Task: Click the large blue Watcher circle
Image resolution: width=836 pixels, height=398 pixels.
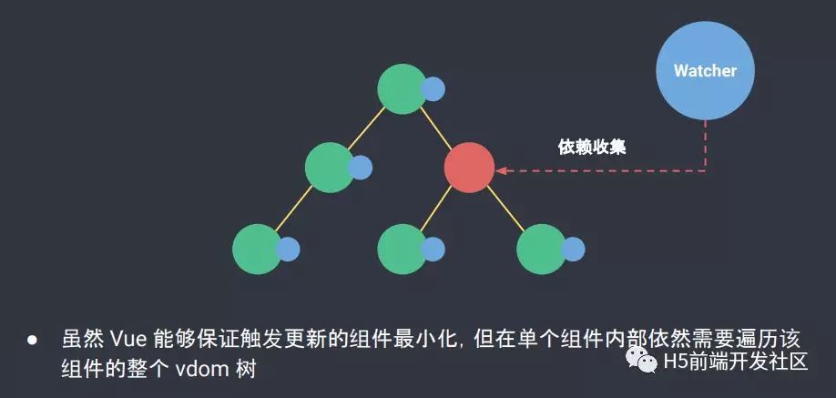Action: pyautogui.click(x=705, y=70)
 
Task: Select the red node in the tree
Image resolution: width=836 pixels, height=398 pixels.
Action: pyautogui.click(x=469, y=168)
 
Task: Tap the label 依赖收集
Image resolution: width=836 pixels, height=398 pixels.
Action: pyautogui.click(x=592, y=146)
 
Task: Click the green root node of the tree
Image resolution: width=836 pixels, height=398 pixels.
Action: pyautogui.click(x=402, y=88)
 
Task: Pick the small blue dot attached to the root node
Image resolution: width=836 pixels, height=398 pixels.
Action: pyautogui.click(x=433, y=89)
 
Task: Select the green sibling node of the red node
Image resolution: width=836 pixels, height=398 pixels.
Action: pyautogui.click(x=329, y=168)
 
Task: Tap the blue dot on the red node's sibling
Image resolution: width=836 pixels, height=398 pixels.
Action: pyautogui.click(x=361, y=168)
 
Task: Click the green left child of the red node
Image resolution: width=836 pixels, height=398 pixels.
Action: pyautogui.click(x=402, y=248)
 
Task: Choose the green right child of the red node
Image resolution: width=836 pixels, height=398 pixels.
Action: pyautogui.click(x=541, y=248)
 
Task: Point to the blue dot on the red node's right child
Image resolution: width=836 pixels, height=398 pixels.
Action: pyautogui.click(x=573, y=248)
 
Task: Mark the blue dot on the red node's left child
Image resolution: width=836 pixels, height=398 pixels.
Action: pyautogui.click(x=433, y=248)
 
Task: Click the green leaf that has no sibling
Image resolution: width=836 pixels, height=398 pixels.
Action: pyautogui.click(x=257, y=248)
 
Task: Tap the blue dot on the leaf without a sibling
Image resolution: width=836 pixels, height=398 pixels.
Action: pyautogui.click(x=289, y=248)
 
